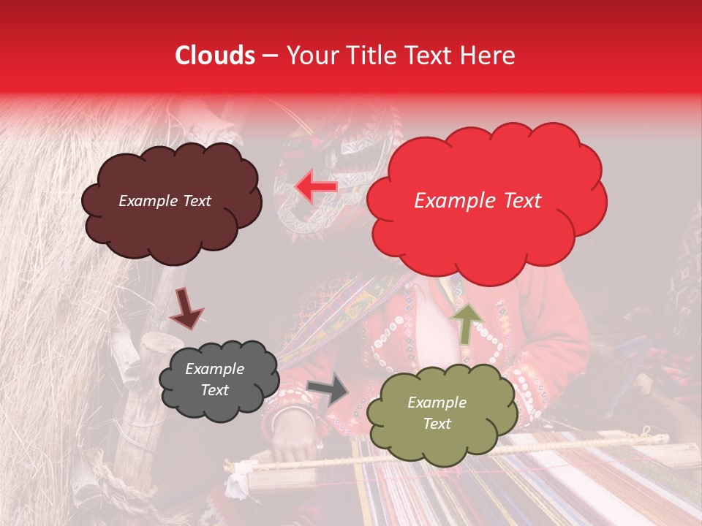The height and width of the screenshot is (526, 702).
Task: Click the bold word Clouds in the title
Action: pos(214,56)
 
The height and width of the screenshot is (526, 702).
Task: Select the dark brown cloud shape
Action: pos(170,202)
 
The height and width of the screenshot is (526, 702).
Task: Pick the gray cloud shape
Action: pos(219,380)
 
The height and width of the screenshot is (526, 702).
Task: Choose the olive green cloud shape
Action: pos(442,413)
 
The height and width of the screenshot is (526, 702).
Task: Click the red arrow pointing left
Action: pos(316,187)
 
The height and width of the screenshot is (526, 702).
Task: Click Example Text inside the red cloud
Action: pos(478,201)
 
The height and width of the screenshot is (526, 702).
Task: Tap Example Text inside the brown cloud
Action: pos(165,201)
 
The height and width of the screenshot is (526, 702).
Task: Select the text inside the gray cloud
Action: pos(214,380)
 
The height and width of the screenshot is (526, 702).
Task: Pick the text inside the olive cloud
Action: pos(437,413)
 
